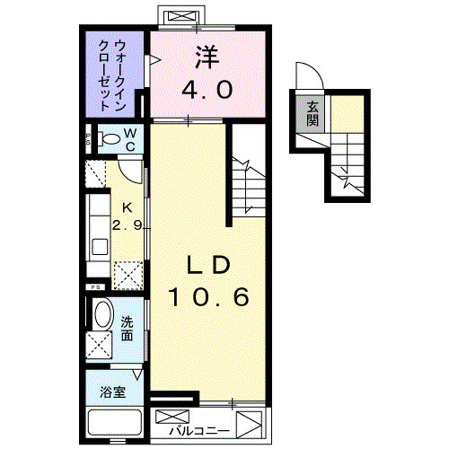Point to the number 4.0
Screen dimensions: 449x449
[x=210, y=90]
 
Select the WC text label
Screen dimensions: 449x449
[x=130, y=139]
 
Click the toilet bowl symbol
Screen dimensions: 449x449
[x=109, y=139]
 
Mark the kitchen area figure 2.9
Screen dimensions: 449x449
[x=127, y=225]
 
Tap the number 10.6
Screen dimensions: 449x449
[x=210, y=296]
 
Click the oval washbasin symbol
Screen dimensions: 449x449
[x=102, y=315]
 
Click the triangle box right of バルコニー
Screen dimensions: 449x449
[x=249, y=422]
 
